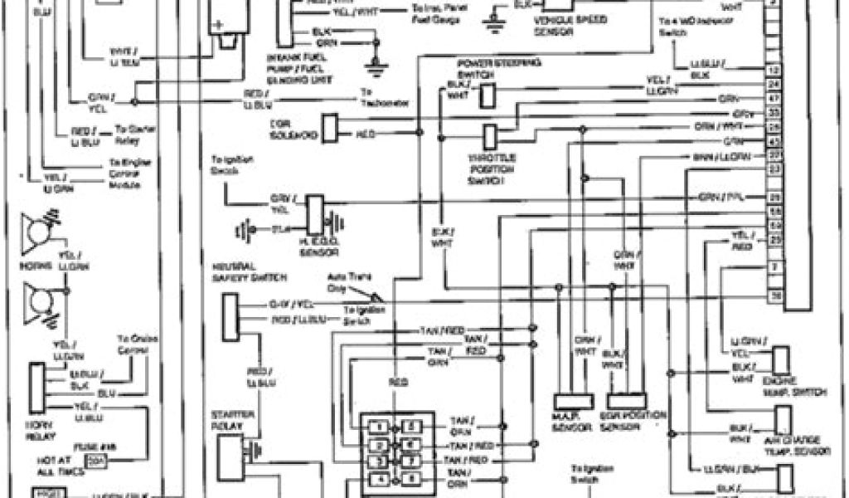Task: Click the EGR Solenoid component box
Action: (x=329, y=128)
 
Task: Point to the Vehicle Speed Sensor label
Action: (x=565, y=32)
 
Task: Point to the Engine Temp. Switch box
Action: (x=783, y=359)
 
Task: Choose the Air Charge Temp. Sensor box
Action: (x=783, y=420)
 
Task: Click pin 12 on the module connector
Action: (x=774, y=71)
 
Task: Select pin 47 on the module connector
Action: (x=774, y=98)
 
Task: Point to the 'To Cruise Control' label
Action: (x=133, y=344)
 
